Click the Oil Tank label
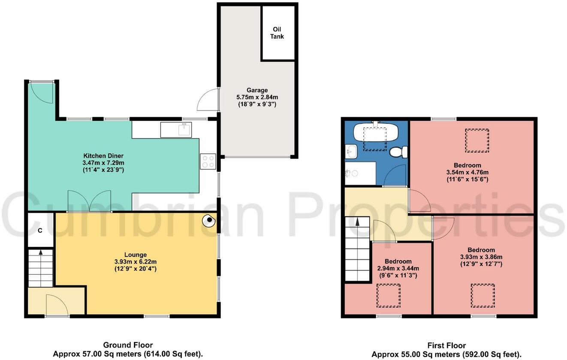click(277, 33)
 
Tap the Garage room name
click(257, 90)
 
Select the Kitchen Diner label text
click(103, 156)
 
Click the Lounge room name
click(136, 255)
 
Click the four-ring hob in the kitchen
click(208, 161)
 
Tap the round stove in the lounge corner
click(208, 221)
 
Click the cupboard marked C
click(40, 231)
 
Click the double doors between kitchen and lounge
click(89, 201)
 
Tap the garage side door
click(208, 99)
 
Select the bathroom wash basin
click(351, 151)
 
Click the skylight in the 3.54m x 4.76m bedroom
click(477, 141)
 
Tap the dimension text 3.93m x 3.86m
click(481, 257)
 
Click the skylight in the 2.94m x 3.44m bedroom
click(388, 296)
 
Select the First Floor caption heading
click(446, 345)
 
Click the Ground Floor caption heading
click(128, 345)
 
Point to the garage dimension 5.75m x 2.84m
click(257, 97)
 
